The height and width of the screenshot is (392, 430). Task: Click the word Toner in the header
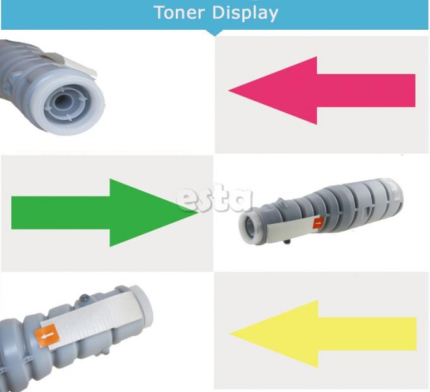pos(180,13)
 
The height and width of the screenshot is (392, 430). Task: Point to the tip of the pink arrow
pos(229,90)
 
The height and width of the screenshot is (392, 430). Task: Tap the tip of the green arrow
pos(198,212)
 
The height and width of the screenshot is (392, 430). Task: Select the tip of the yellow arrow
pos(230,334)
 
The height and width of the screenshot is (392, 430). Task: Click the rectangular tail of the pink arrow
pos(366,90)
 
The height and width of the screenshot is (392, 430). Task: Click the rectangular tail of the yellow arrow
pos(367,334)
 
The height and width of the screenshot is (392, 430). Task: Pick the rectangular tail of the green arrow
pos(61,212)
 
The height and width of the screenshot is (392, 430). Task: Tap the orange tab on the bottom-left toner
pos(47,336)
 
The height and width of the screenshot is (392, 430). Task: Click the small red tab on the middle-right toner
pos(318,223)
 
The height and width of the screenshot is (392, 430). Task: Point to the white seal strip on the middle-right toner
pos(292,230)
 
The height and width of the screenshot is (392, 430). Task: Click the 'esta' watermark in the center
pos(214,198)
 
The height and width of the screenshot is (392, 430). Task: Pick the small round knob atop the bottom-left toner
pos(85,298)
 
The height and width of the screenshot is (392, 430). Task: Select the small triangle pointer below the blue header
pos(214,33)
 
